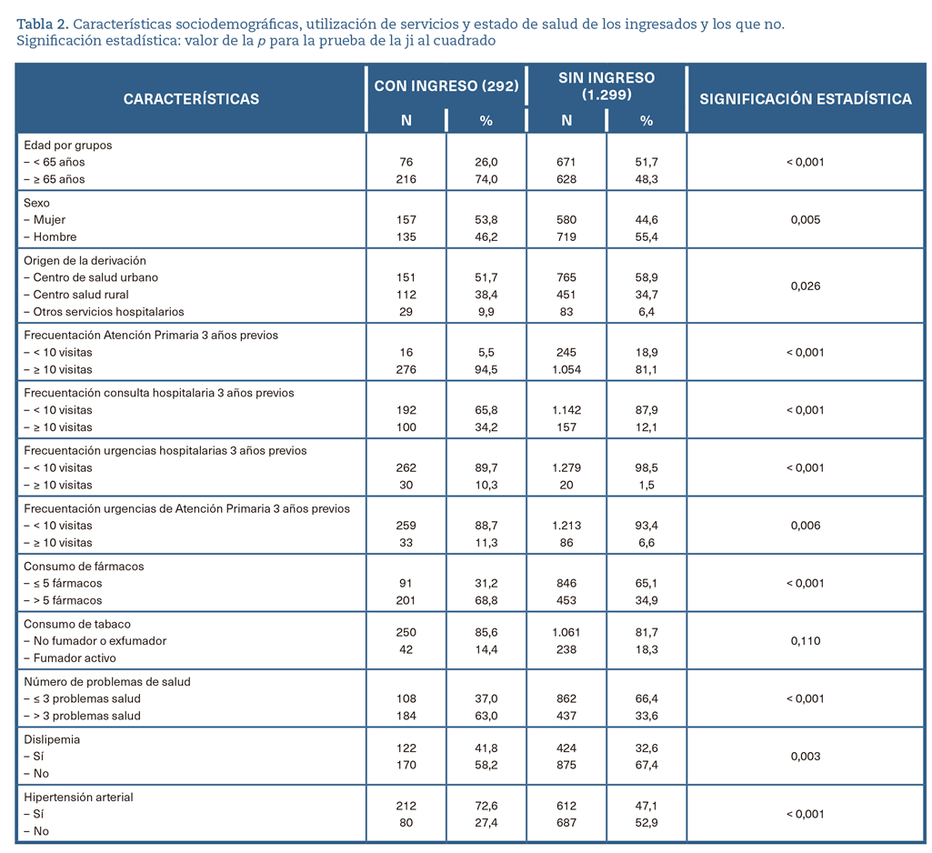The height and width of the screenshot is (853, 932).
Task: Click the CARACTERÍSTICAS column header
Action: pos(191,99)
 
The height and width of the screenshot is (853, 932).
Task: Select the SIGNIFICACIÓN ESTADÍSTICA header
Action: pos(806,99)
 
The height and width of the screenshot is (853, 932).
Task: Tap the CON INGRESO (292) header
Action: pos(446,86)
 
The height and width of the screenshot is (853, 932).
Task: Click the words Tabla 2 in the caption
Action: pos(42,25)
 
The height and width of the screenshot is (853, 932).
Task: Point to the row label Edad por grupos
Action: pos(68,146)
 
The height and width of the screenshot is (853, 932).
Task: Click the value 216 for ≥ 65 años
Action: pos(406,179)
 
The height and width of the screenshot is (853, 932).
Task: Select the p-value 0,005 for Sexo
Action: pos(806,220)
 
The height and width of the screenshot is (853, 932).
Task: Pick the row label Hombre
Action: pos(55,237)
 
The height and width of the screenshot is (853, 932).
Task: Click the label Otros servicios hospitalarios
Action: pos(109,312)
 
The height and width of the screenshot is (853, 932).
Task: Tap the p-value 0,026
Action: pos(806,286)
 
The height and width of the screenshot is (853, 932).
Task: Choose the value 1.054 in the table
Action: pos(566,370)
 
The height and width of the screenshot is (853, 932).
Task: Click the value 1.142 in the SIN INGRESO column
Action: pos(566,410)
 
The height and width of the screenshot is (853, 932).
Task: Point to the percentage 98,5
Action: pos(646,467)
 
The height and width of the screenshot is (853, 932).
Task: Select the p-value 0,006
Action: pos(806,526)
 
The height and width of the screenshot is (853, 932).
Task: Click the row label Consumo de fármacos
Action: pos(84,567)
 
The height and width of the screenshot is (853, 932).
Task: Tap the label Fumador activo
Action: pos(75,658)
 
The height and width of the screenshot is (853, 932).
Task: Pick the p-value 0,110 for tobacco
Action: pos(806,641)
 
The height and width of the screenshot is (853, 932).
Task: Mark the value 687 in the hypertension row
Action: pos(566,823)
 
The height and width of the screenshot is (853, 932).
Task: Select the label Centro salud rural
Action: pos(81,295)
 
